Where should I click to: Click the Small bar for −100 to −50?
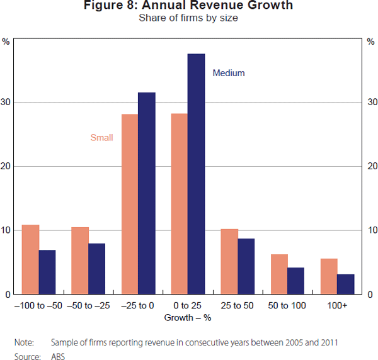[x=30, y=259]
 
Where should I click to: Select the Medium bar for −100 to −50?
[x=47, y=272]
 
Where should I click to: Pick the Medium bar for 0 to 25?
[x=196, y=174]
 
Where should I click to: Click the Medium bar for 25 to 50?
[x=246, y=266]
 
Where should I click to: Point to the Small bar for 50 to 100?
[x=278, y=274]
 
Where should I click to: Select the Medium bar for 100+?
[x=345, y=284]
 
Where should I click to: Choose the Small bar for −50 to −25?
[x=79, y=261]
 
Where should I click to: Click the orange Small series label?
[x=101, y=138]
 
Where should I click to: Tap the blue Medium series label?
[x=229, y=73]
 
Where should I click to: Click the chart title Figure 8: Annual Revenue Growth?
[x=188, y=6]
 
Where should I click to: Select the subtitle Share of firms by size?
[x=188, y=18]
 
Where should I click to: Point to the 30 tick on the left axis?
[x=6, y=102]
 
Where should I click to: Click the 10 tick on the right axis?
[x=372, y=230]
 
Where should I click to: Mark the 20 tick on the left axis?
[x=6, y=166]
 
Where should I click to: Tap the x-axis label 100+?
[x=337, y=305]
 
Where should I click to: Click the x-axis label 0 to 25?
[x=188, y=305]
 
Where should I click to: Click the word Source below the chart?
[x=26, y=356]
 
